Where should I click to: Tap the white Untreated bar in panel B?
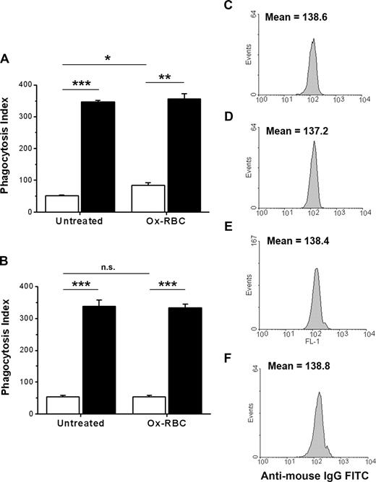[59, 405]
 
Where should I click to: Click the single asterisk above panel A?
[106, 56]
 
